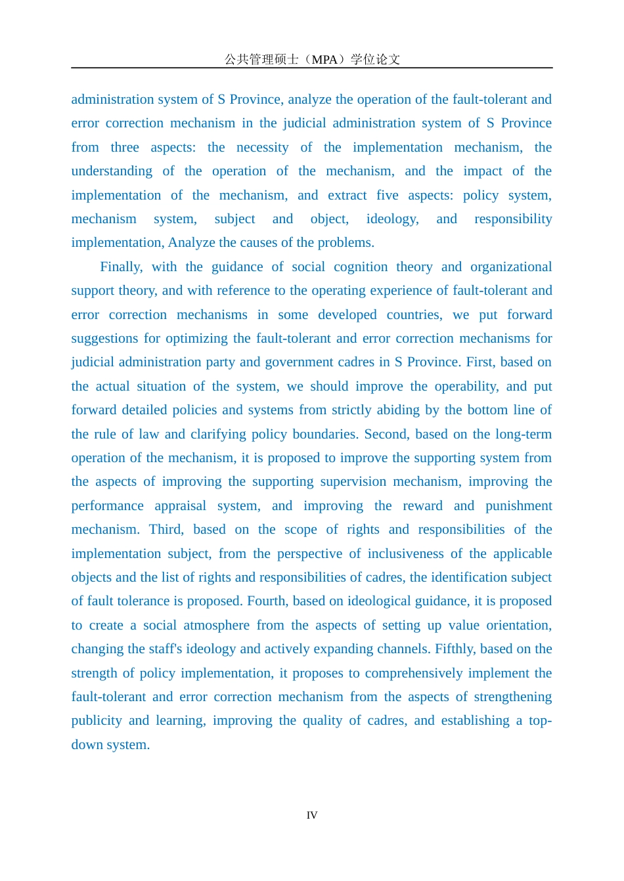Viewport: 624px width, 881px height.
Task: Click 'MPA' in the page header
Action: pos(324,60)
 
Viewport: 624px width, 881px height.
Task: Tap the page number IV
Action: pos(312,815)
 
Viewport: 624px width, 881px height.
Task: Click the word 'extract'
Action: pos(347,195)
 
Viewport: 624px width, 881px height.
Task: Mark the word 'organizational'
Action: pos(511,267)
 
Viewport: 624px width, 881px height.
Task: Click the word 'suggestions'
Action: pos(105,339)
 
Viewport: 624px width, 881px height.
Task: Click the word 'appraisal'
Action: pos(181,505)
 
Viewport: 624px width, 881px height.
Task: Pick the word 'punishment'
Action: pos(519,505)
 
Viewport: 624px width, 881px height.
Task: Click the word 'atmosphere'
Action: pos(216,625)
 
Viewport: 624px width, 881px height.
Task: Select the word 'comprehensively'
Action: pos(447,673)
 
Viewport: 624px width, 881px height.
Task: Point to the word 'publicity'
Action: pos(97,721)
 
